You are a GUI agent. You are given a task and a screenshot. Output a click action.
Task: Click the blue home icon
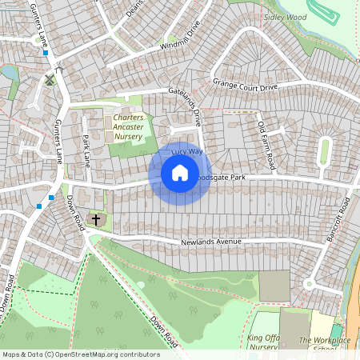tap(180, 174)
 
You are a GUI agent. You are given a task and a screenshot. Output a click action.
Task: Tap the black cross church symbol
tap(97, 218)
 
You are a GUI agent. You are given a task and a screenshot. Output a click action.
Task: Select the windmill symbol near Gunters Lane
tap(50, 79)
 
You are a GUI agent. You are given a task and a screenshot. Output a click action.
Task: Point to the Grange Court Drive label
tap(245, 84)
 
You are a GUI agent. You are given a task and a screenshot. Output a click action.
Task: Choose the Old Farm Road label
tap(266, 144)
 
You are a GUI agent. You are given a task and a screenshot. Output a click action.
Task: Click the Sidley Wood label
tap(286, 17)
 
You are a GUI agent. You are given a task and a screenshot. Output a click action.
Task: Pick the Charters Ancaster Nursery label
tap(123, 127)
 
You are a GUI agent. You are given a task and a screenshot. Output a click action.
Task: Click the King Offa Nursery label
tap(267, 343)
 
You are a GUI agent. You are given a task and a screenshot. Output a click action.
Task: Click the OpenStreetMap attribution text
tap(81, 354)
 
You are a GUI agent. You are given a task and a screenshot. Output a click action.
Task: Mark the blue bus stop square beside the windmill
tap(46, 53)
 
